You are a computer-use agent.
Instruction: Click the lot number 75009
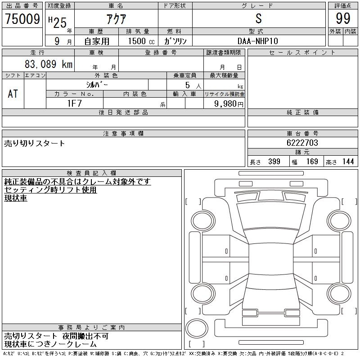click(x=22, y=19)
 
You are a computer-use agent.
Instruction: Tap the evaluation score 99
click(x=343, y=18)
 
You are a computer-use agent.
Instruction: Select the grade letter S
click(x=258, y=18)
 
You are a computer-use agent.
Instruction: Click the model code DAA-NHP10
click(x=257, y=41)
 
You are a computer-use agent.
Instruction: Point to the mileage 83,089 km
click(x=49, y=64)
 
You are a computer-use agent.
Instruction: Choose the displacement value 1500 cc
click(x=141, y=41)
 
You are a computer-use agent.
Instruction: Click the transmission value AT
click(x=13, y=94)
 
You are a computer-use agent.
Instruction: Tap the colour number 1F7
click(x=74, y=103)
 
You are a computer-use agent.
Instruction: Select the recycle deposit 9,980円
click(x=229, y=103)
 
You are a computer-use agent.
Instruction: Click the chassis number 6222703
click(x=302, y=143)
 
